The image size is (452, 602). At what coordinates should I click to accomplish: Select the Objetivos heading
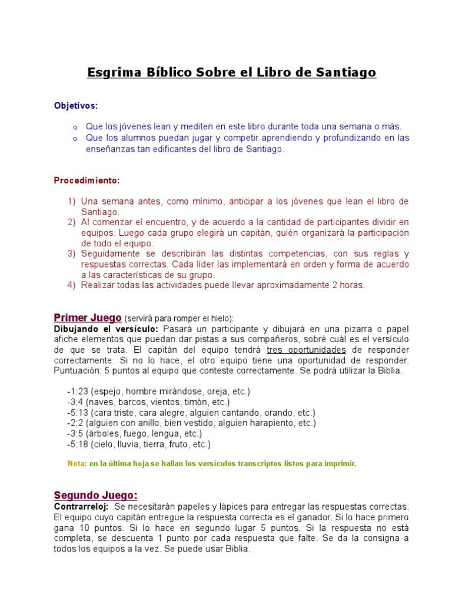pos(76,105)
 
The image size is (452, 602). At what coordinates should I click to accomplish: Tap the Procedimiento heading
pos(87,180)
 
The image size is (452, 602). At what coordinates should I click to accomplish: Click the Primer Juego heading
pos(88,317)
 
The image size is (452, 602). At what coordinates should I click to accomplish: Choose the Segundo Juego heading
pos(96,495)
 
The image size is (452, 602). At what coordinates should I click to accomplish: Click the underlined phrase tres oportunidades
pos(305,350)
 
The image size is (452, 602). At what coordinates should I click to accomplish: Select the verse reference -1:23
pos(78,392)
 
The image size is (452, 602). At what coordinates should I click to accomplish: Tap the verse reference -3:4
pos(75,402)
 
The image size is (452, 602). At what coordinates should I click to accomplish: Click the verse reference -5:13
pos(78,413)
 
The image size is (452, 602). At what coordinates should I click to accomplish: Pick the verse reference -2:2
pos(75,423)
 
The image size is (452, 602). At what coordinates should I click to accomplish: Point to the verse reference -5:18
pos(78,444)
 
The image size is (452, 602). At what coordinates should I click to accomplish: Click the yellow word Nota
pos(77,464)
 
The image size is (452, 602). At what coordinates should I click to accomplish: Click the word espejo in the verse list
pos(105,392)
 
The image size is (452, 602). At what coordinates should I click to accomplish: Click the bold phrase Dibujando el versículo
pos(106,329)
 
